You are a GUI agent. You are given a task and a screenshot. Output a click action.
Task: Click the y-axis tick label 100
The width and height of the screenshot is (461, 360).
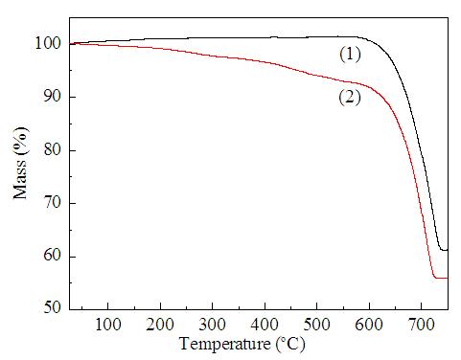click(x=48, y=43)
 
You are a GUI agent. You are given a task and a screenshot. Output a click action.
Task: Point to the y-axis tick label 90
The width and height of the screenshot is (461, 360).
click(x=52, y=97)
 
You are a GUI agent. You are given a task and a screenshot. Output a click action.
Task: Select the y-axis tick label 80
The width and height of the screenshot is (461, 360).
click(x=52, y=149)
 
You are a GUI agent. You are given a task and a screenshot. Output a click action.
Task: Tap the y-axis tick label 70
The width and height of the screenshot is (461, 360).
click(x=52, y=203)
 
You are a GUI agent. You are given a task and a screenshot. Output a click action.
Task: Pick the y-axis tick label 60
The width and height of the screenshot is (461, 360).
click(x=52, y=256)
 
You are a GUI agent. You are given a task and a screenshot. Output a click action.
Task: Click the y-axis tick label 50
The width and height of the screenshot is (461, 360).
click(x=52, y=307)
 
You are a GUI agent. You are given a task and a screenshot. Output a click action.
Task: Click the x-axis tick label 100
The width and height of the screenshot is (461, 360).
click(x=108, y=325)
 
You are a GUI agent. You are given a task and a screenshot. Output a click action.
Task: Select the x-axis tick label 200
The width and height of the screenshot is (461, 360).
click(x=160, y=325)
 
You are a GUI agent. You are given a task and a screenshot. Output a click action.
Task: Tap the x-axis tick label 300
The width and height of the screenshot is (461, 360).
click(x=212, y=325)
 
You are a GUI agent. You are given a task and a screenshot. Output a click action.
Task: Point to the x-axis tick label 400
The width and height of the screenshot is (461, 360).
click(x=265, y=325)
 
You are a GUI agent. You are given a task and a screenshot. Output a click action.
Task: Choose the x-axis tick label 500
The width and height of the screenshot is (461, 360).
click(x=316, y=325)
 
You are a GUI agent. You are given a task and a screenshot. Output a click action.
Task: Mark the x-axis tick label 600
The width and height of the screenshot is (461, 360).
click(x=369, y=325)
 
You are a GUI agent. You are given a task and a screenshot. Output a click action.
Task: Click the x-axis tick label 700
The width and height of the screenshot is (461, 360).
click(x=421, y=325)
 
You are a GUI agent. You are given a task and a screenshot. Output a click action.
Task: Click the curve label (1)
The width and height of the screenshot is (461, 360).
click(x=350, y=55)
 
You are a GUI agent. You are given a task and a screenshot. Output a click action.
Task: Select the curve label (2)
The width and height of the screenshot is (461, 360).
click(x=350, y=97)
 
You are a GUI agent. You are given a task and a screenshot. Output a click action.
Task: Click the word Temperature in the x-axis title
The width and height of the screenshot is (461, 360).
click(x=225, y=345)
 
